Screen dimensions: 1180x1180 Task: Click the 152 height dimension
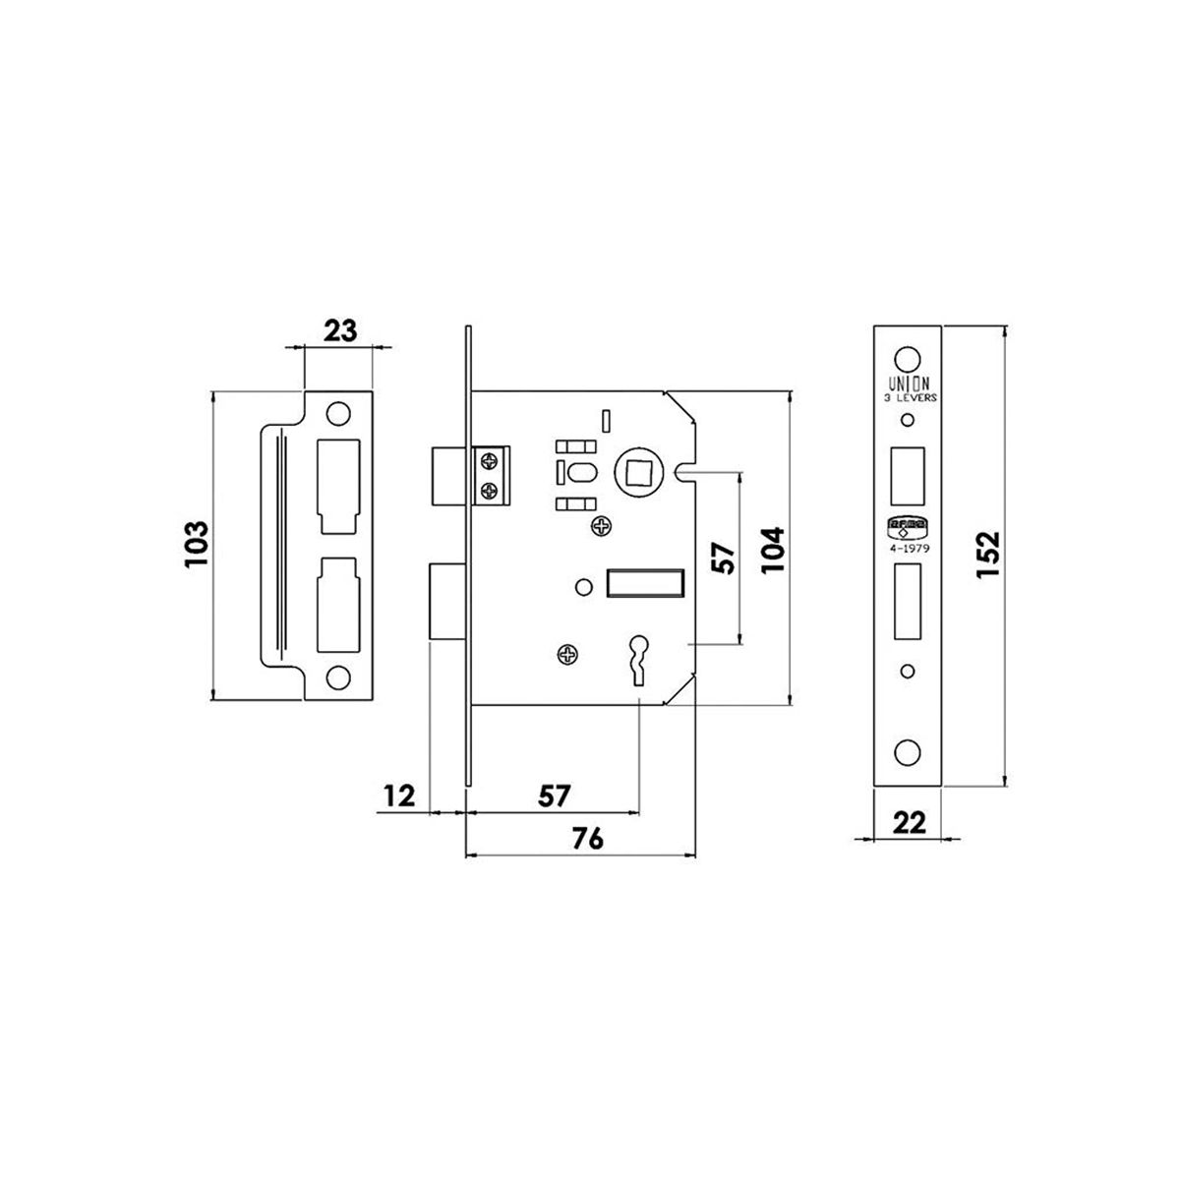[x=987, y=555]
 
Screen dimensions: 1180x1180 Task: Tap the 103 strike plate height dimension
[x=197, y=545]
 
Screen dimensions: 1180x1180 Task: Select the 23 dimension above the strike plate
[x=340, y=331]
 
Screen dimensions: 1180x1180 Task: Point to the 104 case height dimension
[x=772, y=550]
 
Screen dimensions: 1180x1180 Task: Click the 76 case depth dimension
[x=588, y=839]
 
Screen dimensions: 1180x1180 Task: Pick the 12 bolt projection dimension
[x=399, y=796]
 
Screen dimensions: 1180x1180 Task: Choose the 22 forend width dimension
[x=909, y=824]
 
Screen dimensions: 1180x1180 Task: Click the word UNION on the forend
[x=909, y=383]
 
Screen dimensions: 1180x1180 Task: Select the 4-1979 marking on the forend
[x=910, y=548]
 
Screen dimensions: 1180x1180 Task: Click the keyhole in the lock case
[x=638, y=658]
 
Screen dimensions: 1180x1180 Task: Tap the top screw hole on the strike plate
[x=338, y=414]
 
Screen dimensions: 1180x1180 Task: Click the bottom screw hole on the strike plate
[x=338, y=678]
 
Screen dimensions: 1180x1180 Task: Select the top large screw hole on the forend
[x=908, y=359]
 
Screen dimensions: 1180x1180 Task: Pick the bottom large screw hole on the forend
[x=908, y=752]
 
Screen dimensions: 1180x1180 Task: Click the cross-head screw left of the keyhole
[x=567, y=655]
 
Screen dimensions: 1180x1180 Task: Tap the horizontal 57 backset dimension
[x=555, y=796]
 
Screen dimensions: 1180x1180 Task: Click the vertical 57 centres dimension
[x=723, y=558]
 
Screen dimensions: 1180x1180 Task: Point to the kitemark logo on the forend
[x=908, y=528]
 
